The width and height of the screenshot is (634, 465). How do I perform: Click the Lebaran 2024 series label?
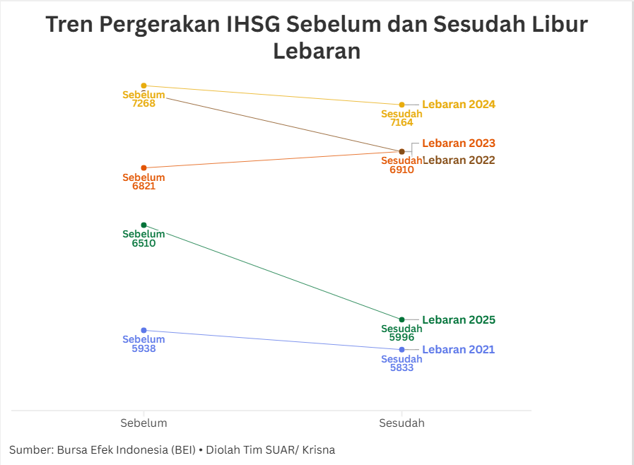coord(459,105)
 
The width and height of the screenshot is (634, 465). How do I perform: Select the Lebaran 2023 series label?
coord(459,143)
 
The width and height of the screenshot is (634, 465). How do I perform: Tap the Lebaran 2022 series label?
coord(459,160)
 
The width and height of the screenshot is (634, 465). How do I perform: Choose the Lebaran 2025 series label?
coord(459,320)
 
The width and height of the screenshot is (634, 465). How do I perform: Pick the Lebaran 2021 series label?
coord(459,350)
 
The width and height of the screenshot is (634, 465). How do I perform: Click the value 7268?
coord(143,104)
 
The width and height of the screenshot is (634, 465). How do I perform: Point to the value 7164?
coord(401,123)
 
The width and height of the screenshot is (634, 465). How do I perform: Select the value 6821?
coord(143,187)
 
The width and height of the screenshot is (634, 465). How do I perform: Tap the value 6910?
coord(401,170)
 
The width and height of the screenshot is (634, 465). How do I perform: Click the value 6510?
coord(143,243)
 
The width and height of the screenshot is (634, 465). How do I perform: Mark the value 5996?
coord(401,338)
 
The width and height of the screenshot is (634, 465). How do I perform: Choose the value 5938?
coord(143,348)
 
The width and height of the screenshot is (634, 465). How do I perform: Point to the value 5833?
coord(401,368)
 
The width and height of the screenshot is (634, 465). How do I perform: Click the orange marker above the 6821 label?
coord(143,168)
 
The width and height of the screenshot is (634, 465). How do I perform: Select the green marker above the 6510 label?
coord(143,225)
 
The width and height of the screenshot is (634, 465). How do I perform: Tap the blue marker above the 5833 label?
coord(401,350)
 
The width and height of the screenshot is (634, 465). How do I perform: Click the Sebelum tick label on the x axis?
coord(143,423)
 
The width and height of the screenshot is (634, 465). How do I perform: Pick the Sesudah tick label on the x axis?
coord(401,423)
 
